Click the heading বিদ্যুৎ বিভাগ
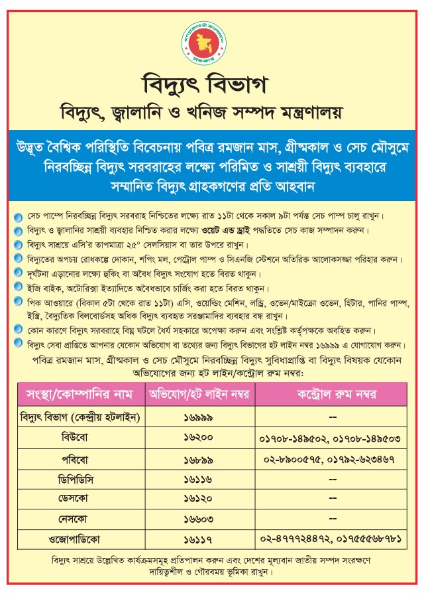tap(213, 86)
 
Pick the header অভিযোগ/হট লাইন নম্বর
tap(200, 394)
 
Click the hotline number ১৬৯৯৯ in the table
tap(200, 417)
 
